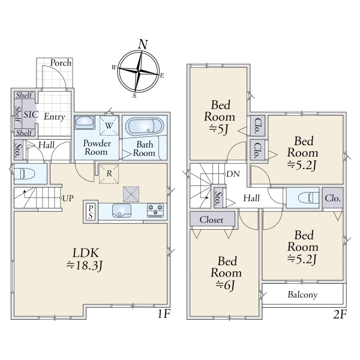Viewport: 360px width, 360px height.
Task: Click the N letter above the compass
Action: click(143, 44)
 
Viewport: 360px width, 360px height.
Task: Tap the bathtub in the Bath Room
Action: click(145, 127)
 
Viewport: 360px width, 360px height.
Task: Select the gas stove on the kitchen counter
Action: click(155, 210)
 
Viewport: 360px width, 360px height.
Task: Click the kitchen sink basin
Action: click(122, 211)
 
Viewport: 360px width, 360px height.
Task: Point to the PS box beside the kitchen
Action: click(91, 212)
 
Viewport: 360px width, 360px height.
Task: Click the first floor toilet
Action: click(25, 173)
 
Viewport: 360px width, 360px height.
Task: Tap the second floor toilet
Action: click(308, 198)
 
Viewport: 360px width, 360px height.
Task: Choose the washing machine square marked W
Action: click(109, 125)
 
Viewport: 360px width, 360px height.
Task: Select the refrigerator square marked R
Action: click(109, 174)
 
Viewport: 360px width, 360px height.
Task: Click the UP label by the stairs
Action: click(68, 198)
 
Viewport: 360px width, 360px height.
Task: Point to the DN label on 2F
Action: click(233, 174)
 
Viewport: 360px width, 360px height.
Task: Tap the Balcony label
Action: click(302, 295)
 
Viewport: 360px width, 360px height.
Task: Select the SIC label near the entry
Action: click(31, 115)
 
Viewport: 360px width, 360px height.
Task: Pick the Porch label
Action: click(61, 62)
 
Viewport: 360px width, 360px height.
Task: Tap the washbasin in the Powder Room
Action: click(85, 122)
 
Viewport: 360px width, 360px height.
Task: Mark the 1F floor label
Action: click(163, 314)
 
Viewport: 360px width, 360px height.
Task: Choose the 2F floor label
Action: click(340, 314)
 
